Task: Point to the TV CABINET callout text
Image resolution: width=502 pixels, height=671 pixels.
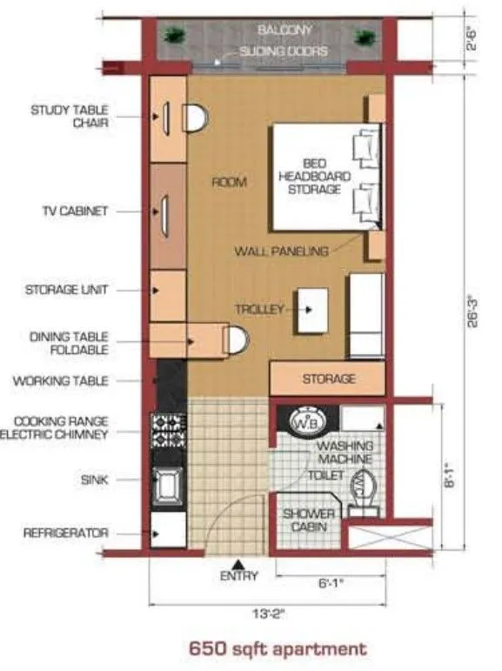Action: coord(75,211)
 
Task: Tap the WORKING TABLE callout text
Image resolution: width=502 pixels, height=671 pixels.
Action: coord(61,380)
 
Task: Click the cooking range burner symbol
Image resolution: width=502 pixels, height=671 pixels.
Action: coord(168,428)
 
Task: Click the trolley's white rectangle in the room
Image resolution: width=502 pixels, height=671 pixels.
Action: coord(311,310)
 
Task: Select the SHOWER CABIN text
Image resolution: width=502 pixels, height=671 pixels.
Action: coord(308,520)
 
